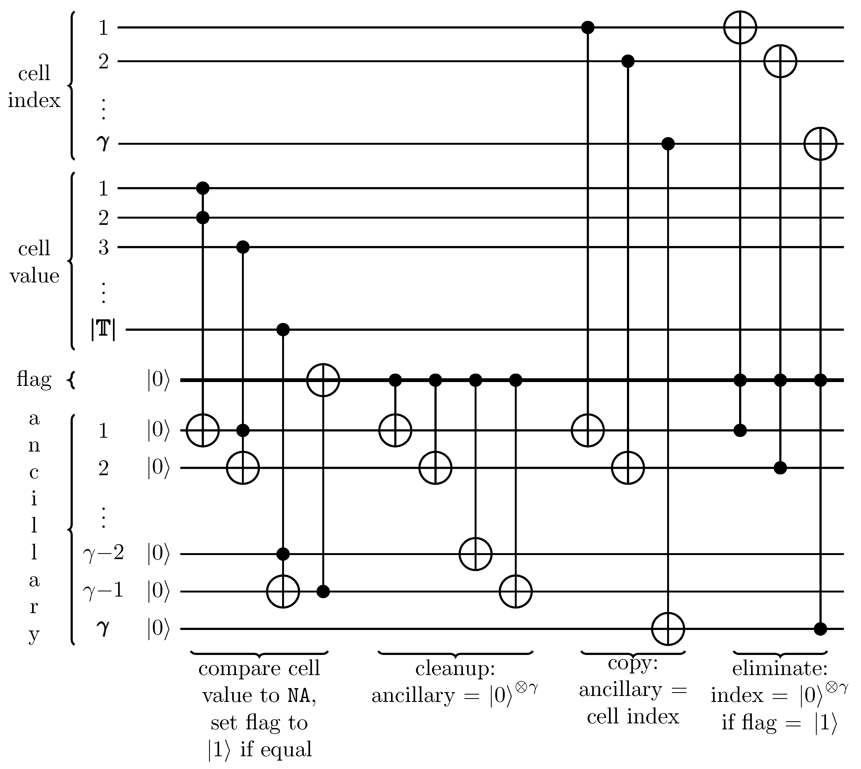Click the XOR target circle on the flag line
(x=323, y=380)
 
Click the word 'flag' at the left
(x=34, y=379)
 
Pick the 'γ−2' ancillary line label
(x=103, y=553)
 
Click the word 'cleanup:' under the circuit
(x=455, y=669)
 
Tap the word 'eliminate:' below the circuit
(x=780, y=669)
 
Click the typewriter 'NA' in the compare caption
(x=299, y=696)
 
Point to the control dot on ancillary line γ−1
(x=323, y=591)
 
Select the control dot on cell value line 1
(x=203, y=188)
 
